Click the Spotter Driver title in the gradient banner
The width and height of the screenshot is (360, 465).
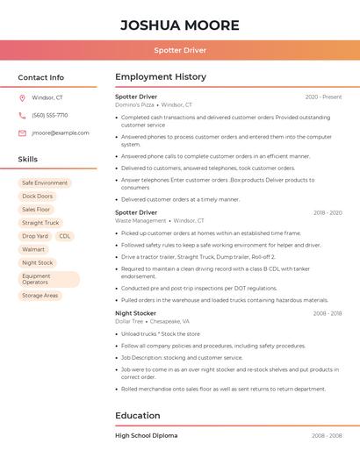tap(180, 50)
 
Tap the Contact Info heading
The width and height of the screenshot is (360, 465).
tap(40, 77)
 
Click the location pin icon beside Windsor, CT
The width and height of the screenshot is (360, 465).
tap(22, 98)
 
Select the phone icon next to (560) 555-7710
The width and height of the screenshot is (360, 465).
tap(22, 116)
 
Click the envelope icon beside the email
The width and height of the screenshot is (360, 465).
tap(22, 133)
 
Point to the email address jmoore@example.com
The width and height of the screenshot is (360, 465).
tap(61, 133)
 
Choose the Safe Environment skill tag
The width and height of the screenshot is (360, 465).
tap(45, 183)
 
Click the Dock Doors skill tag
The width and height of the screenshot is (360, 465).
tap(37, 197)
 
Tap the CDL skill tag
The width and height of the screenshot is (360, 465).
tap(65, 236)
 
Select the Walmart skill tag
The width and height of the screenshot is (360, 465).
tap(32, 249)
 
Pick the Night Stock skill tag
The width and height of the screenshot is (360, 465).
tap(37, 262)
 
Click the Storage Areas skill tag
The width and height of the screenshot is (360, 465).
tap(40, 296)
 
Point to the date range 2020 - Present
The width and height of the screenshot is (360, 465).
tap(323, 97)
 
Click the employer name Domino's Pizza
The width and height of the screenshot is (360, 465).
tap(134, 105)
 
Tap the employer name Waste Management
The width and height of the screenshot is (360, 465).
tap(140, 221)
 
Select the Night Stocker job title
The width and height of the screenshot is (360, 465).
tap(135, 313)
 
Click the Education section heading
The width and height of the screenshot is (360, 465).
tap(137, 416)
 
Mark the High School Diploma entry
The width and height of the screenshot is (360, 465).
tap(146, 435)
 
